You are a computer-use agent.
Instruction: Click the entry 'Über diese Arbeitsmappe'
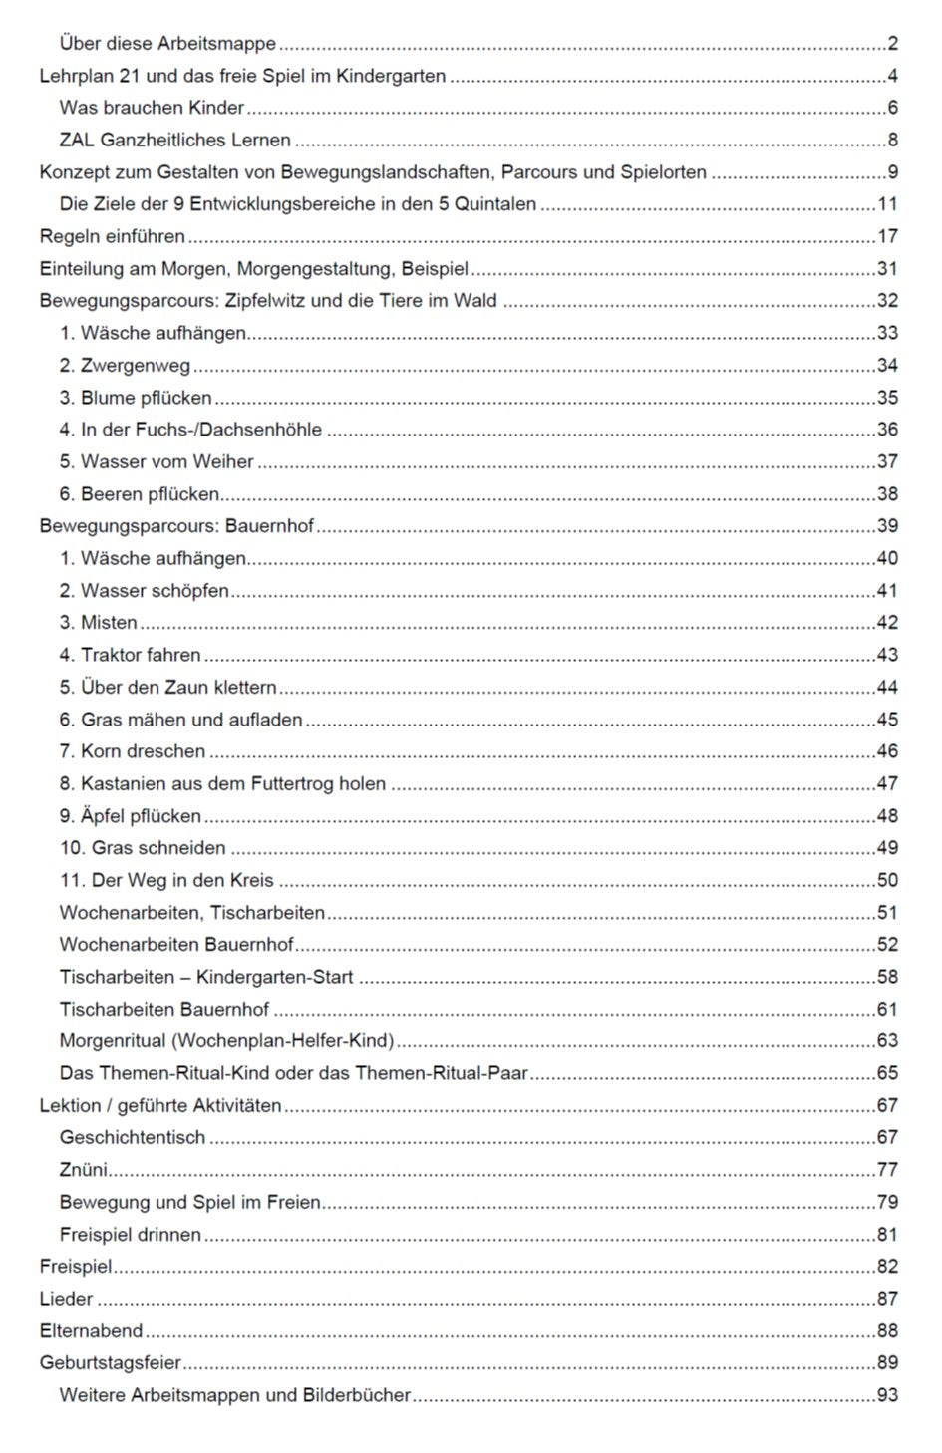point(167,44)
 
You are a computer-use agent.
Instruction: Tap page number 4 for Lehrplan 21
point(892,76)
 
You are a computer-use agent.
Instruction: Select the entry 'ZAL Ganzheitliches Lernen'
point(174,141)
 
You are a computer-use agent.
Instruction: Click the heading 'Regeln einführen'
point(112,237)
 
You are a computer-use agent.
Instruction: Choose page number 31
point(887,269)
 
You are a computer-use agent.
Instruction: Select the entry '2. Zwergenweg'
point(125,366)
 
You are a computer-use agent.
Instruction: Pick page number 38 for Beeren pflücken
point(887,494)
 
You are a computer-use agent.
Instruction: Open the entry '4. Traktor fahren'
point(130,655)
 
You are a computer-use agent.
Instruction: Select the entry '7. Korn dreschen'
point(132,751)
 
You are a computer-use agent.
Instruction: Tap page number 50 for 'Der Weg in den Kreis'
point(887,880)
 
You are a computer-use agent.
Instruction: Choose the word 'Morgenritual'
point(113,1041)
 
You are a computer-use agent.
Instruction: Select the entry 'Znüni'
point(83,1170)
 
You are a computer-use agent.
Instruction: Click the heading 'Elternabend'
point(91,1331)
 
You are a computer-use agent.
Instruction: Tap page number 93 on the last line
point(887,1395)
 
